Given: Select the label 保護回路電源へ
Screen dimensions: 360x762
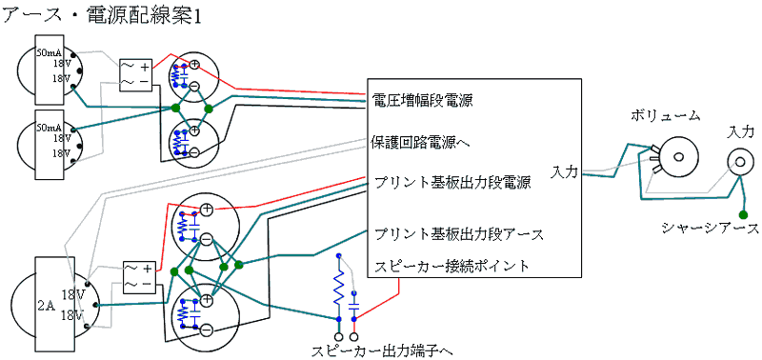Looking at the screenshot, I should coord(422,144).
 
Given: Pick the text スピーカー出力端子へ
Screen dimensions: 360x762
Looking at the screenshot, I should coord(382,350).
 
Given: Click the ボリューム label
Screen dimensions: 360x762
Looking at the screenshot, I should coord(665,116).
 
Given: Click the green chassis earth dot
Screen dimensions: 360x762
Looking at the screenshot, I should coord(743,213).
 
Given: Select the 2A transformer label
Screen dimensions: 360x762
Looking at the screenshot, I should coord(46,306).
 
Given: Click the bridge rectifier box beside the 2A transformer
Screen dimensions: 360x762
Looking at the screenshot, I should coord(136,277).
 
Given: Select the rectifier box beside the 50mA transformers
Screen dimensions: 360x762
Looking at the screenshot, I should coord(134,74).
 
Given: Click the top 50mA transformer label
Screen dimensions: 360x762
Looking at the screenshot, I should coord(49,53).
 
